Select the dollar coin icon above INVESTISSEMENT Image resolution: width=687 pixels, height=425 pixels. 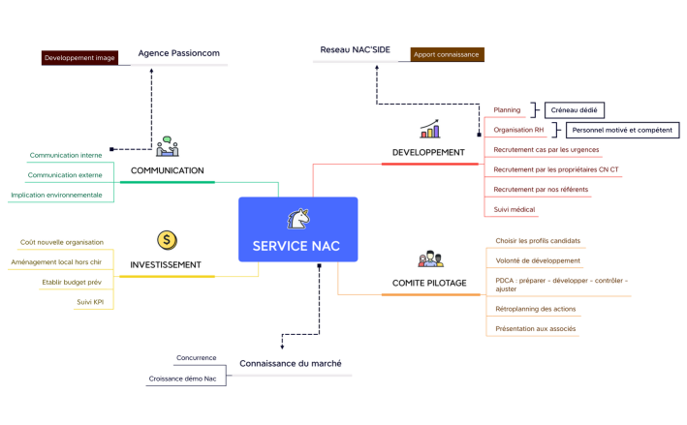[x=167, y=239]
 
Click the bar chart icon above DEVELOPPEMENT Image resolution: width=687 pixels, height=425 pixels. [x=429, y=129]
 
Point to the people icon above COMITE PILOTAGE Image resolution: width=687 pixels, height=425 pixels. [x=430, y=258]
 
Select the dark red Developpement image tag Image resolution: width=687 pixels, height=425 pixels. [x=79, y=58]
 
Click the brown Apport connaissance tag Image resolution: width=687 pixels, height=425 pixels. [x=447, y=55]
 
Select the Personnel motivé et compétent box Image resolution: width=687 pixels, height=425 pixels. [x=622, y=130]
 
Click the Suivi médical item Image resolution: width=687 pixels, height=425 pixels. [x=515, y=208]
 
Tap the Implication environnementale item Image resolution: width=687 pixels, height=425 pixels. [x=56, y=195]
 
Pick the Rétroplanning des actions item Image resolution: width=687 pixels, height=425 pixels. [x=535, y=309]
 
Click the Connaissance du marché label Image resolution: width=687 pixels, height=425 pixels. [x=290, y=364]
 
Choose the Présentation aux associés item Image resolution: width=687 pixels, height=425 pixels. [x=535, y=328]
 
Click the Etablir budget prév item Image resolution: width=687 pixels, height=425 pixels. [x=73, y=282]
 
